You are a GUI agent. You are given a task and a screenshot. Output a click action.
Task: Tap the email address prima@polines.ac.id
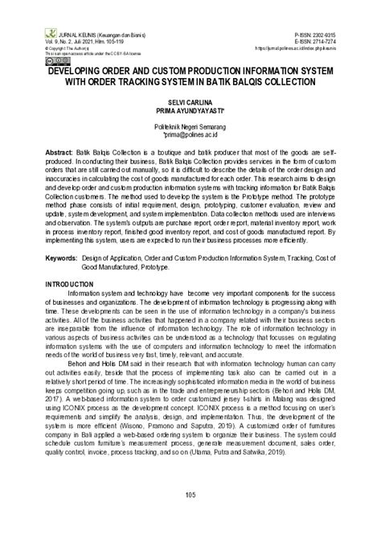pos(190,134)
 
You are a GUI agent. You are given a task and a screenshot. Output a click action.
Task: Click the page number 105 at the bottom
pos(190,515)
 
